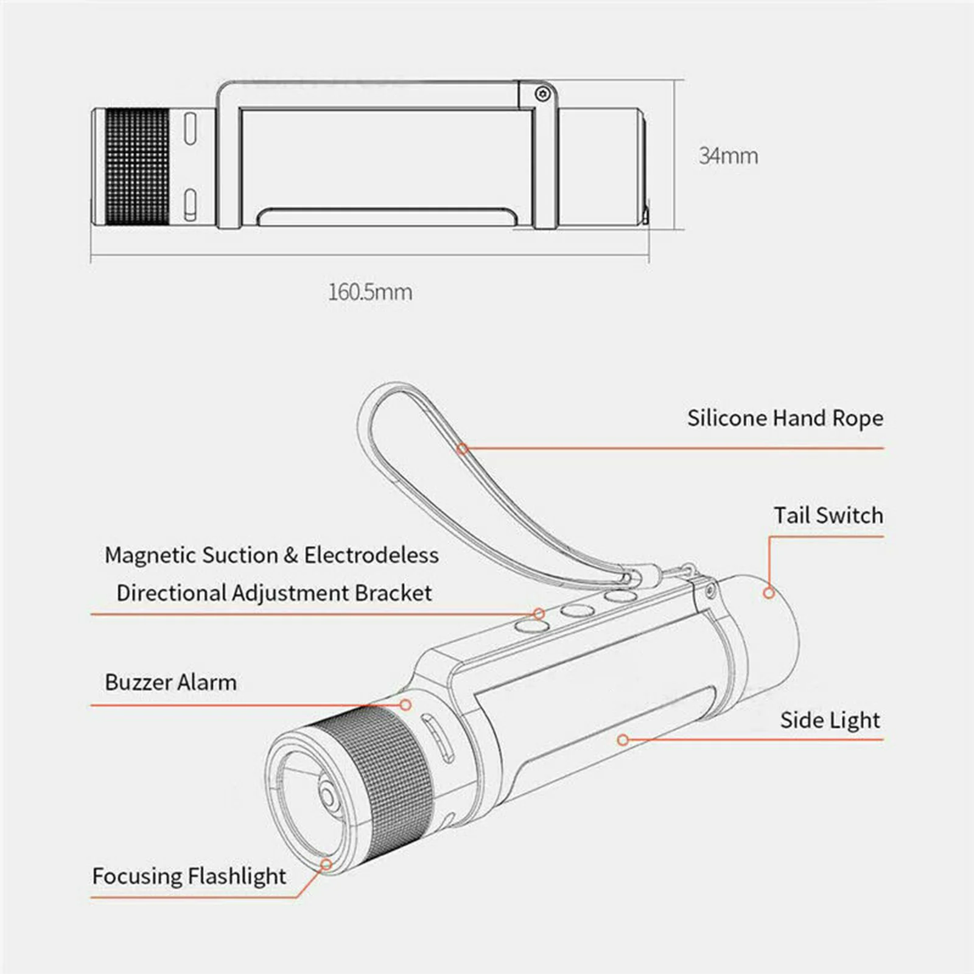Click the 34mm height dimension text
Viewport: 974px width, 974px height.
[x=728, y=156]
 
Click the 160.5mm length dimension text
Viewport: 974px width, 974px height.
[x=370, y=292]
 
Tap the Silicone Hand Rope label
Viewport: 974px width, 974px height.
[x=785, y=418]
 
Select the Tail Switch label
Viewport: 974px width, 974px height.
[x=828, y=516]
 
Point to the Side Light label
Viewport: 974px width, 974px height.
[x=830, y=720]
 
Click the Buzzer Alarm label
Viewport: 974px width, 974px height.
[x=170, y=682]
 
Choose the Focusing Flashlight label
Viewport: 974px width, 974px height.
[x=189, y=876]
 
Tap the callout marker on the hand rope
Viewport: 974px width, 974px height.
[x=463, y=449]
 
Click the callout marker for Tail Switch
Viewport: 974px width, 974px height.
[x=769, y=592]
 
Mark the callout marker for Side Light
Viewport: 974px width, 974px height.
[x=622, y=740]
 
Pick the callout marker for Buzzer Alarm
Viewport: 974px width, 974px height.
[x=405, y=705]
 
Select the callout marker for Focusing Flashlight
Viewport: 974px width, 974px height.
[x=326, y=864]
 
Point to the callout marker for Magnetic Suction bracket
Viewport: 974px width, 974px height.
[x=539, y=614]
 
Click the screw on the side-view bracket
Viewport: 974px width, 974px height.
[x=542, y=94]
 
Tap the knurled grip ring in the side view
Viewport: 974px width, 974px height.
[x=137, y=167]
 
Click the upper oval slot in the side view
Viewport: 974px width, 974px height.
[x=190, y=128]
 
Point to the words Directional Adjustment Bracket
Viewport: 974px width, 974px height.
[x=274, y=593]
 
